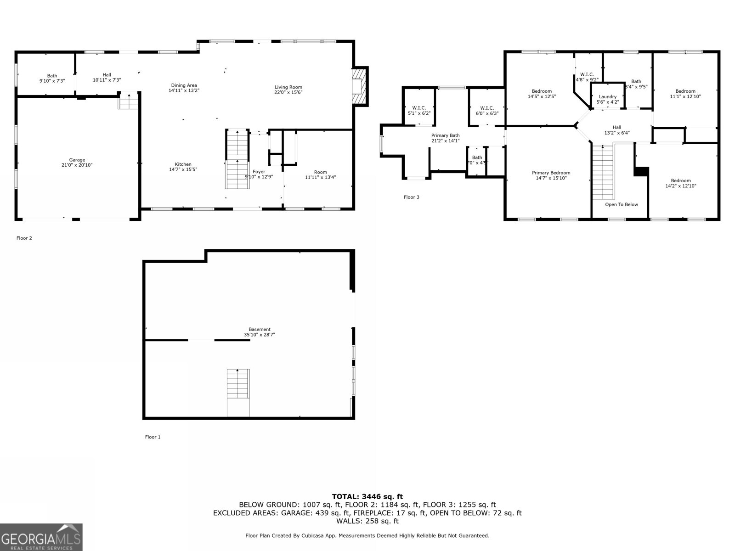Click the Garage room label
click(77, 160)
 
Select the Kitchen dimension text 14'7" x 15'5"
click(183, 169)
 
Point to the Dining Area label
click(184, 85)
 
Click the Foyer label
click(259, 172)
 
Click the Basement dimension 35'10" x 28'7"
click(260, 335)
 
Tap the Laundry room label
click(607, 97)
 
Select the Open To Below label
click(621, 204)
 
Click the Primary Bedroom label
click(551, 173)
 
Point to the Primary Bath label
click(445, 135)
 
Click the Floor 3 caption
click(411, 197)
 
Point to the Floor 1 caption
click(153, 437)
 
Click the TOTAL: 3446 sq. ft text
click(367, 496)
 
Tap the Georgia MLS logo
click(41, 537)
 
